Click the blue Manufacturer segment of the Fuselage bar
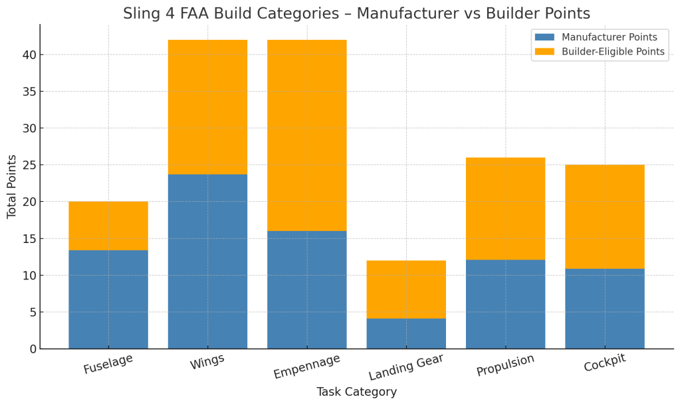point(108,299)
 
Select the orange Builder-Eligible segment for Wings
point(207,107)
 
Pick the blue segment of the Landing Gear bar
point(406,333)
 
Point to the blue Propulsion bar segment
point(505,303)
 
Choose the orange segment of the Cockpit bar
point(604,216)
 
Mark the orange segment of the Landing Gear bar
point(406,289)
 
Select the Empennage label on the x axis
point(306,366)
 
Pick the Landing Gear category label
point(406,366)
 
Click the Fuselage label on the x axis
point(108,364)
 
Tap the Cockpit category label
point(604,363)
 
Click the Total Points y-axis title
point(12,187)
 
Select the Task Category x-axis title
point(356,392)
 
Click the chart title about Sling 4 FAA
point(356,13)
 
